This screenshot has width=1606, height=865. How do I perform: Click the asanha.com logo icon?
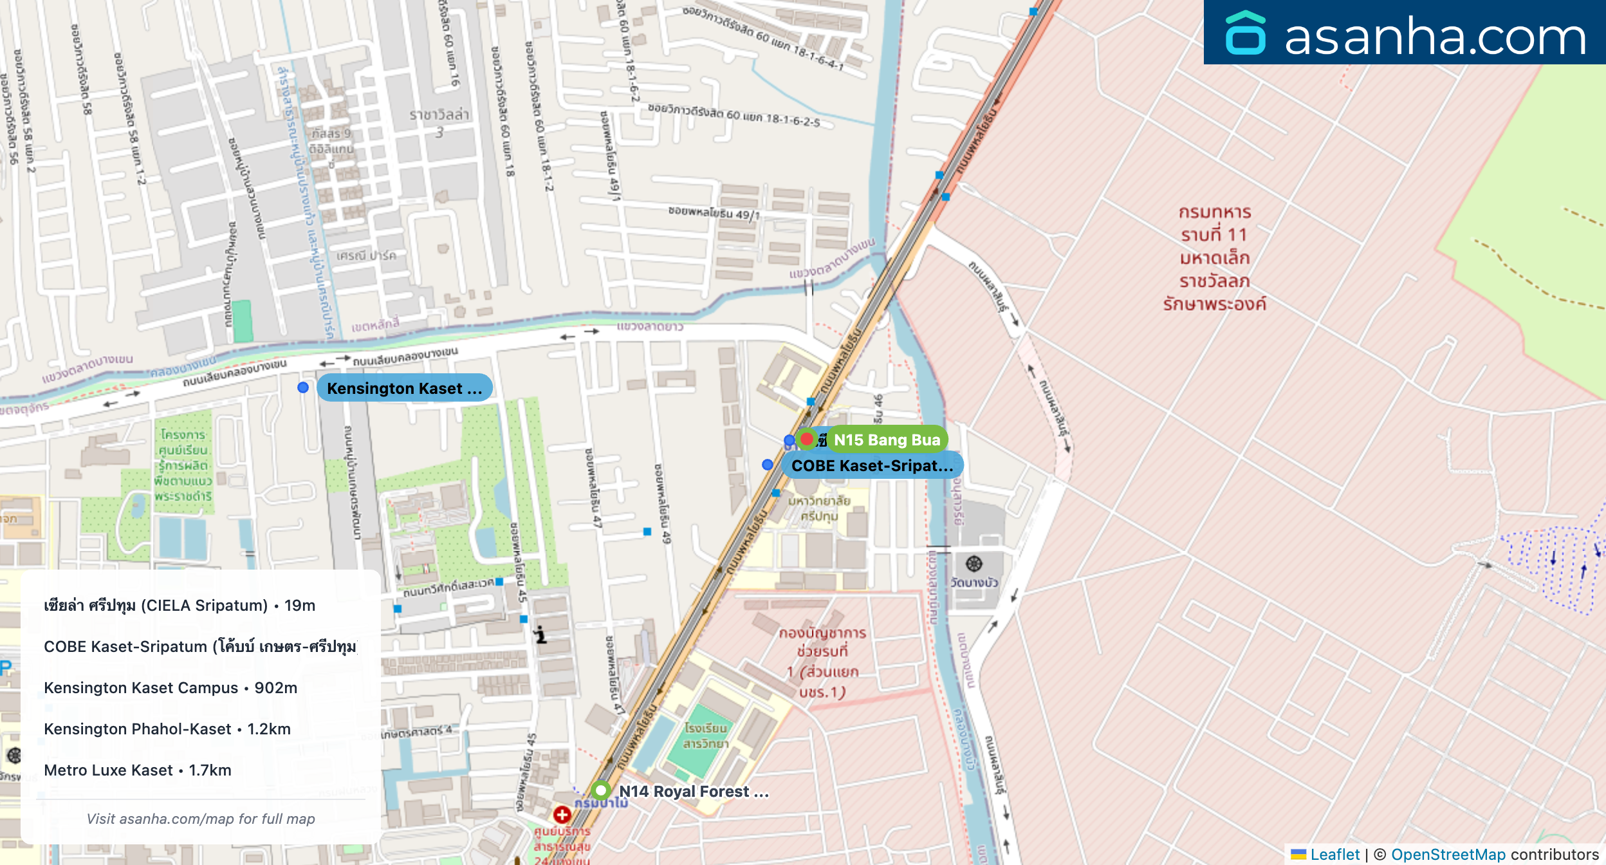click(x=1245, y=33)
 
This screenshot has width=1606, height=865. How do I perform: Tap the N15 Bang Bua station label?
click(x=887, y=440)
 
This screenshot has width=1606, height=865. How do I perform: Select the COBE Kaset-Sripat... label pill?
click(x=872, y=466)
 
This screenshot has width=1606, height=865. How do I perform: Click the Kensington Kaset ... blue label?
click(x=404, y=388)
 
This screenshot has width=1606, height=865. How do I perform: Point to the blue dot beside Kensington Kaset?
click(x=303, y=387)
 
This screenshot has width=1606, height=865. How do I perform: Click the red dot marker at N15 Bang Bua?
click(x=807, y=439)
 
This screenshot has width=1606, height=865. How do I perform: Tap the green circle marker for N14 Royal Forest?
click(x=600, y=790)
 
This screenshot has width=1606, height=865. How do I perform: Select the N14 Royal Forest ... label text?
click(x=694, y=792)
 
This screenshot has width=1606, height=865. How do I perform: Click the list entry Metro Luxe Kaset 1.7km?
click(x=138, y=770)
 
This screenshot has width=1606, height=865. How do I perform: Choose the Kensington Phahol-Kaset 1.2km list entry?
click(x=167, y=729)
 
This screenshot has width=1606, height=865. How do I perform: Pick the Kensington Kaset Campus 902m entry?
click(x=171, y=688)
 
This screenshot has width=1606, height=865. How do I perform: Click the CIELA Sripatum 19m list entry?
click(x=180, y=606)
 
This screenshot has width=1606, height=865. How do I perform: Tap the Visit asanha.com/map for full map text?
click(x=201, y=819)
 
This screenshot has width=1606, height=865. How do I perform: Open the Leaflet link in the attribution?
click(x=1334, y=855)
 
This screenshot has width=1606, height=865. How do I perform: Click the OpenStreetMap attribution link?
click(x=1448, y=855)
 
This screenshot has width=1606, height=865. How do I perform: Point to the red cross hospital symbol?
click(x=562, y=815)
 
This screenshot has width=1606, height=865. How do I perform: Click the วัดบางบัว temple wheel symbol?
click(x=974, y=564)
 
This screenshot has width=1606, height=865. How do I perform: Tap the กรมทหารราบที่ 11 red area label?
click(x=1215, y=257)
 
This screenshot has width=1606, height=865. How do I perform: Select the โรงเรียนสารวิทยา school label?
click(x=706, y=736)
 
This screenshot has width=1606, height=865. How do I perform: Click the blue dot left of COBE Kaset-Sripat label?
click(x=767, y=465)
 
